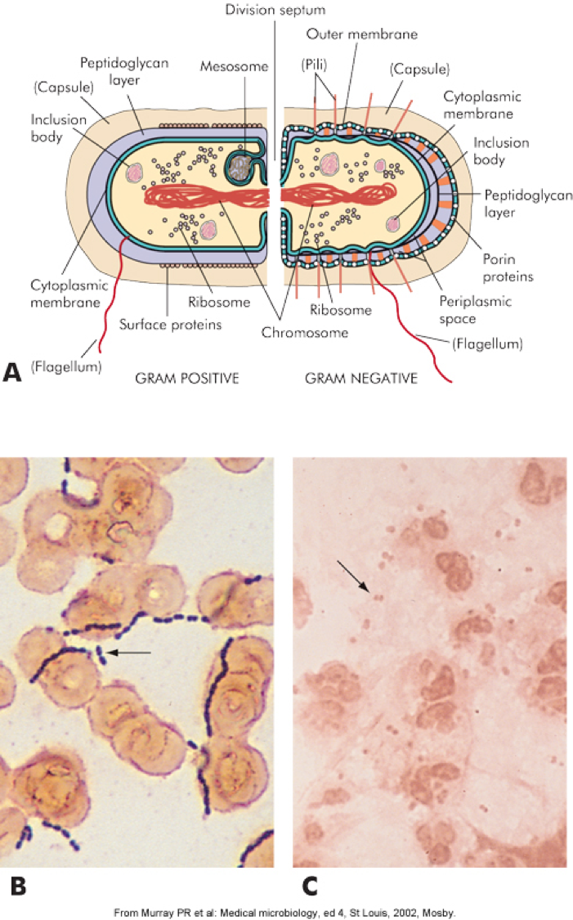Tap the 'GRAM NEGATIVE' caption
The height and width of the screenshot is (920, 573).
[360, 379]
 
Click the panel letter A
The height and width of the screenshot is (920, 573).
[12, 372]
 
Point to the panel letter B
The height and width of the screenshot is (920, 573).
[16, 886]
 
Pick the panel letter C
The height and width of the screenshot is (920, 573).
[311, 886]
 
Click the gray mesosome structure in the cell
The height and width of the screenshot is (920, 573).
[239, 168]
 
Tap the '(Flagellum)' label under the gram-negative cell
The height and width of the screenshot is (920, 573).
[486, 344]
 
